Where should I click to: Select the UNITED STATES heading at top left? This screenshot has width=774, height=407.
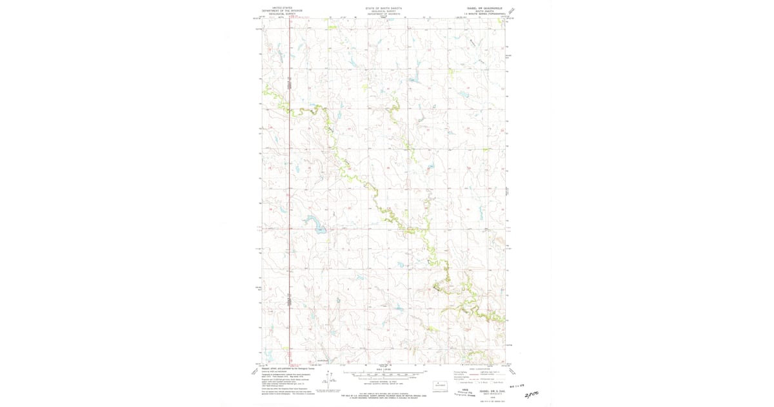pyautogui.click(x=282, y=8)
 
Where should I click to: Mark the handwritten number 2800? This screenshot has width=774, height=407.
pyautogui.click(x=531, y=393)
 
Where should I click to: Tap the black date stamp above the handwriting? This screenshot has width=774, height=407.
pyautogui.click(x=518, y=384)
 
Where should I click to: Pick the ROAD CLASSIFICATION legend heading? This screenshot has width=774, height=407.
pyautogui.click(x=479, y=369)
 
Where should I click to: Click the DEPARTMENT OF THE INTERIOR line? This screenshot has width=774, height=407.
pyautogui.click(x=282, y=11)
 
